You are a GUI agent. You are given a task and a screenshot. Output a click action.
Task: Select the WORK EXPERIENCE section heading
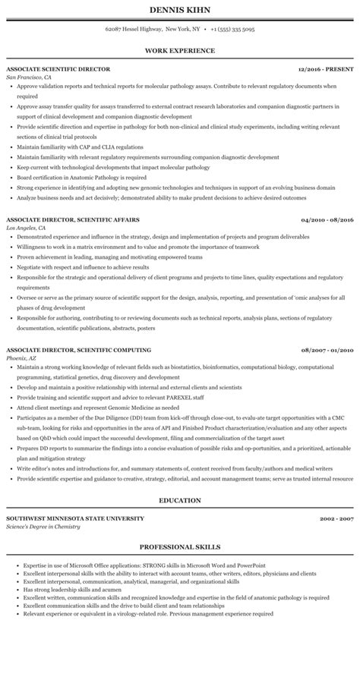coord(179,51)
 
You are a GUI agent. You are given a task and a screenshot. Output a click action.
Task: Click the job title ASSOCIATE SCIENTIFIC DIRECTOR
coord(58,69)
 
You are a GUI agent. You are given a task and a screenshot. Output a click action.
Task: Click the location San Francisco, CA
coord(29,77)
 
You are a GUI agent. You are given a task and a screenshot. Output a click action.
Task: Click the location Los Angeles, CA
coord(27,228)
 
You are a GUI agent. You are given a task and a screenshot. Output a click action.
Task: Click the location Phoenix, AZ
coord(22,358)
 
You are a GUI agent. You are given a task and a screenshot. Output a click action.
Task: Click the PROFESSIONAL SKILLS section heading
coord(179,546)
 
